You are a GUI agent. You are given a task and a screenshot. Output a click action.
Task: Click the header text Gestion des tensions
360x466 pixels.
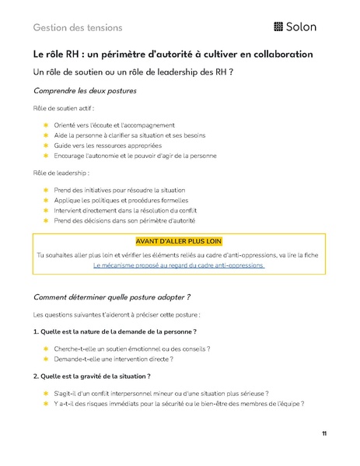pos(78,27)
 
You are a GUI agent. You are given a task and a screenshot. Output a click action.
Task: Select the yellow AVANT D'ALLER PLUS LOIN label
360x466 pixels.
pos(180,241)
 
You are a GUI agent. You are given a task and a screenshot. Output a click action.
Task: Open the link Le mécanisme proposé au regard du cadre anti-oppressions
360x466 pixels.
pos(180,265)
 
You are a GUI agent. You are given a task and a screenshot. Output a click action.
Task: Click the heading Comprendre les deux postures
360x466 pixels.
pos(86,90)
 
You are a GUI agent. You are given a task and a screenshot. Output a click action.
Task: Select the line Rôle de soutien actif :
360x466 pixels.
pos(62,108)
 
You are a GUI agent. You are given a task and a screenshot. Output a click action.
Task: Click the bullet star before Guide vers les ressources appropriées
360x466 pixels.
pos(46,145)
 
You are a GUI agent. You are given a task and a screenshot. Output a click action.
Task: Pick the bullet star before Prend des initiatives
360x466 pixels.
pos(46,190)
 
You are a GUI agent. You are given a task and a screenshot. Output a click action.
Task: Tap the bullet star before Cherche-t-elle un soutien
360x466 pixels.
pos(46,349)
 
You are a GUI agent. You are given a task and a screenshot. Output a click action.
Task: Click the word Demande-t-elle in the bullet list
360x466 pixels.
pos(79,359)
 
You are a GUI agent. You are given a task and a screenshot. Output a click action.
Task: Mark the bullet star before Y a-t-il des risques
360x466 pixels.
pos(46,404)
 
